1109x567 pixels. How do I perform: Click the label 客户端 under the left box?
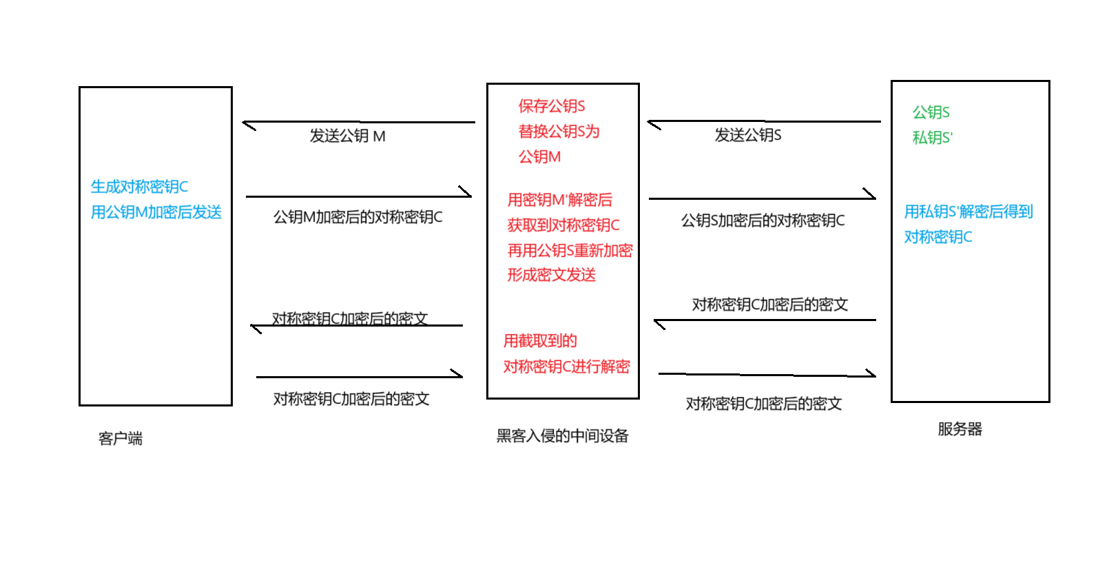(x=121, y=438)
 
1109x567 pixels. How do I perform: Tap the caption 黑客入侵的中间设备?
(x=562, y=435)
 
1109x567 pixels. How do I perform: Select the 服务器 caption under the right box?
(x=960, y=429)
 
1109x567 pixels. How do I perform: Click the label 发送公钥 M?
(x=347, y=136)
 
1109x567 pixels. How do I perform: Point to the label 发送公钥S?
(x=747, y=135)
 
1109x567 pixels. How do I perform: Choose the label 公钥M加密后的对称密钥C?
(x=357, y=217)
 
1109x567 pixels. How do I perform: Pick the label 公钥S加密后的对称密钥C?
(x=763, y=220)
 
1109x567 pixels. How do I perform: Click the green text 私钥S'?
(x=932, y=138)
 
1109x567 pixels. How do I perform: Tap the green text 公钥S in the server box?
(x=931, y=112)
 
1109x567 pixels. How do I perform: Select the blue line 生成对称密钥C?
(x=139, y=187)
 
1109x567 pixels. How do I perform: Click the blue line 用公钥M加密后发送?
(x=156, y=212)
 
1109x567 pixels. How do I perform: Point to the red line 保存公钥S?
(x=551, y=106)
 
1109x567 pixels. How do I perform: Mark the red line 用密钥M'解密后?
(x=559, y=200)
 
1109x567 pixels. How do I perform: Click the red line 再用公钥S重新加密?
(x=570, y=250)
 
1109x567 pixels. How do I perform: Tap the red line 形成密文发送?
(x=551, y=275)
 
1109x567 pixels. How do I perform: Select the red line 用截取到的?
(x=540, y=341)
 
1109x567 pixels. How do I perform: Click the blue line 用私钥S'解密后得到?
(x=968, y=212)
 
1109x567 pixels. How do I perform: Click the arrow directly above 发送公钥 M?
(x=358, y=123)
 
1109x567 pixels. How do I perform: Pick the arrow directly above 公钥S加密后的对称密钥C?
(x=762, y=198)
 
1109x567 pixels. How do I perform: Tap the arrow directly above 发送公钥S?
(x=763, y=122)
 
